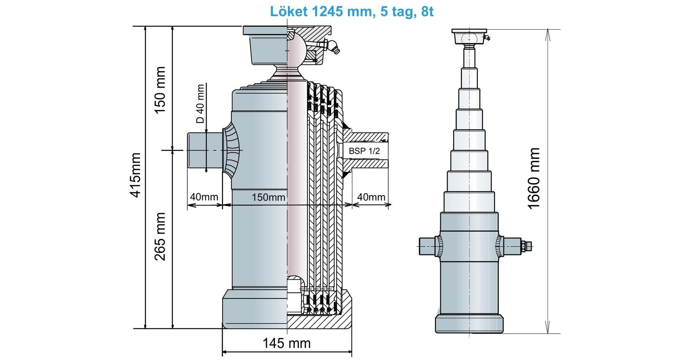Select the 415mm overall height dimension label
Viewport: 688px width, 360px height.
136,175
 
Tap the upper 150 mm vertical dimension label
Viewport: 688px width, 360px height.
160,90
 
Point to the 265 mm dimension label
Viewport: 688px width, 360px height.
160,236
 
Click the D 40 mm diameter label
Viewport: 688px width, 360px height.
200,103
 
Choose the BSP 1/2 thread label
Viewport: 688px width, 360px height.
364,151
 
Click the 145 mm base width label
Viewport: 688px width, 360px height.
286,343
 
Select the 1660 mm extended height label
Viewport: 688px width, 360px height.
534,178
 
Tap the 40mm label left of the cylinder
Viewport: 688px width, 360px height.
204,197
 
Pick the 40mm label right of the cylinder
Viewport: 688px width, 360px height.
371,197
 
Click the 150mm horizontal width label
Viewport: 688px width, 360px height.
268,197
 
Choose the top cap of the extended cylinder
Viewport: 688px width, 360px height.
469,36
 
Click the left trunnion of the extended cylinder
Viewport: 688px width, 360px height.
427,246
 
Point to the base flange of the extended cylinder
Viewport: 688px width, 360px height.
469,323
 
